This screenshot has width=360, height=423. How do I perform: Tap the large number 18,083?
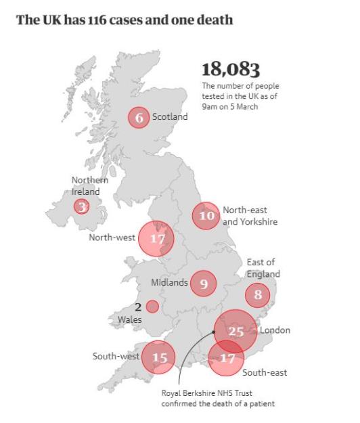pyautogui.click(x=231, y=69)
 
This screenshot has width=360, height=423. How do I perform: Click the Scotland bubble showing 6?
pyautogui.click(x=139, y=117)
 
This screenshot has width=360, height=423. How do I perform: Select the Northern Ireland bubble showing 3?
pyautogui.click(x=82, y=206)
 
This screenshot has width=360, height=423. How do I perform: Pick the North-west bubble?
pyautogui.click(x=156, y=239)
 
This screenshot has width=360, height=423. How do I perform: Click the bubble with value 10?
pyautogui.click(x=206, y=216)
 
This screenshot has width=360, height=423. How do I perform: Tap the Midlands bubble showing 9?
pyautogui.click(x=203, y=284)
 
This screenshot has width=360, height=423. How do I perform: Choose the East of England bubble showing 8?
pyautogui.click(x=257, y=294)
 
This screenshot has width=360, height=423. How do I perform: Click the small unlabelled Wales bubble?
pyautogui.click(x=152, y=307)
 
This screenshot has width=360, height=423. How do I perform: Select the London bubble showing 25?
pyautogui.click(x=235, y=331)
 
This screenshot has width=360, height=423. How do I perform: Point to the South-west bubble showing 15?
pyautogui.click(x=158, y=357)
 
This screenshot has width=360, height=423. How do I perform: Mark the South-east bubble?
pyautogui.click(x=225, y=358)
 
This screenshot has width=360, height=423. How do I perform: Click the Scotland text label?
pyautogui.click(x=170, y=117)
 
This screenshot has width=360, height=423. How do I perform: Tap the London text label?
pyautogui.click(x=275, y=330)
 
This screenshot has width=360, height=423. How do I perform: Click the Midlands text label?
pyautogui.click(x=169, y=283)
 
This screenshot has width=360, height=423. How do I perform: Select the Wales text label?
pyautogui.click(x=129, y=319)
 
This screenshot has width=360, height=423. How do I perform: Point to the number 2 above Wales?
pyautogui.click(x=137, y=307)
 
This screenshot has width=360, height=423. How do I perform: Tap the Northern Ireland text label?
pyautogui.click(x=90, y=186)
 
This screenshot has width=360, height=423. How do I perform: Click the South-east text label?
pyautogui.click(x=265, y=373)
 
